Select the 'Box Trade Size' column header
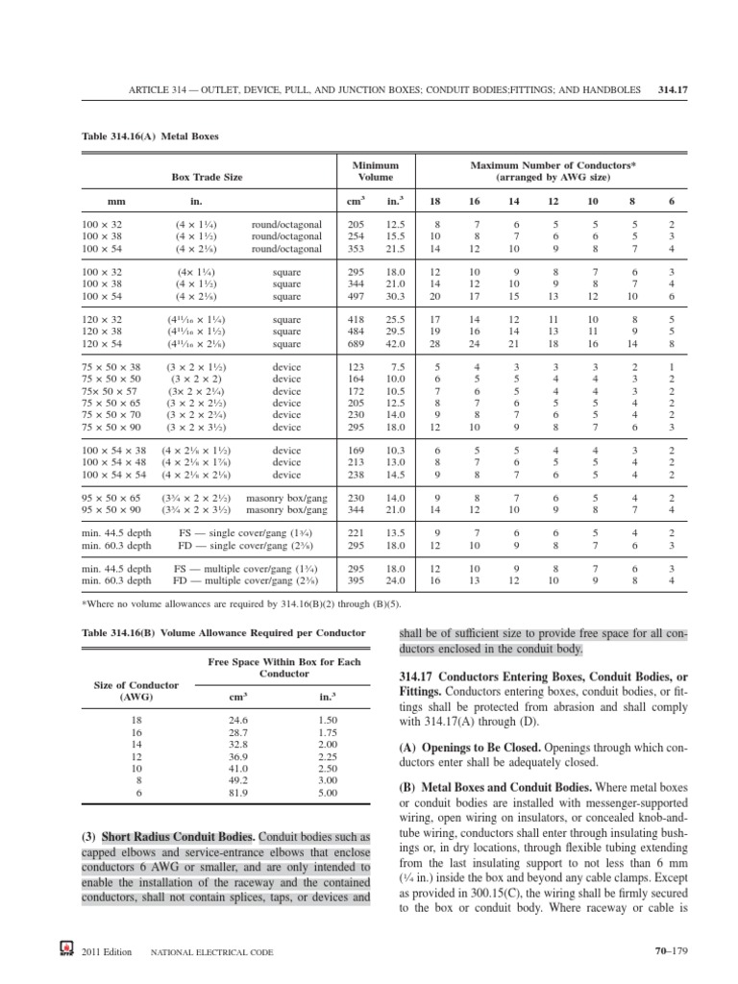pos(207,178)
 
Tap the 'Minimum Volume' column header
pos(376,172)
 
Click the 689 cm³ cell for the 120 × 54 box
pos(357,343)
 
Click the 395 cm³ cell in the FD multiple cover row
pos(357,580)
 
